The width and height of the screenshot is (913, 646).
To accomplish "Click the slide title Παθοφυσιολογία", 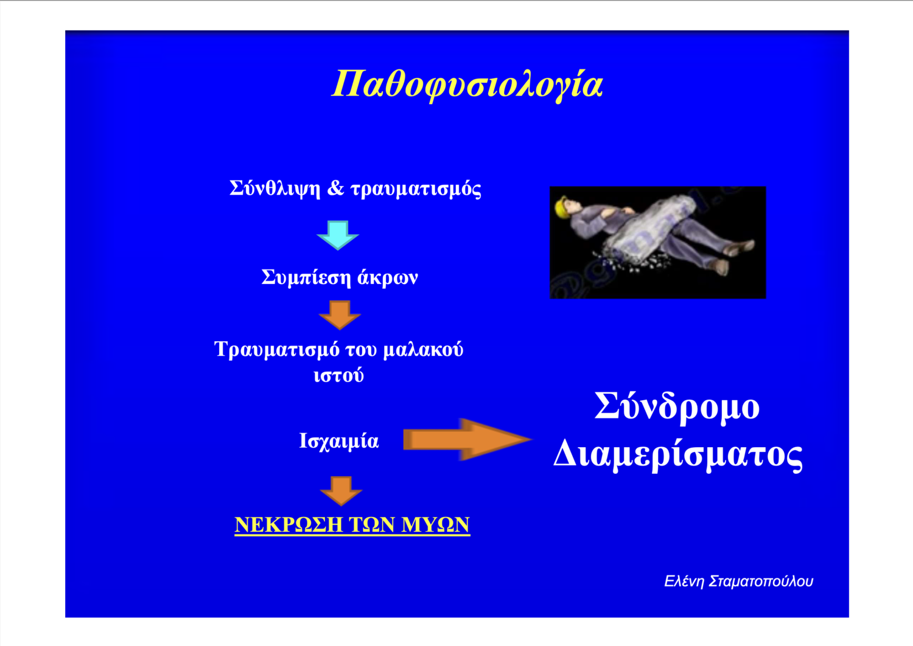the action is [x=467, y=85].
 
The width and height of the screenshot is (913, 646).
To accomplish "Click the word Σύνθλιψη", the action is [x=275, y=189].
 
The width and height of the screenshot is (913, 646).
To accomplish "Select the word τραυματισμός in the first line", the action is [x=416, y=189].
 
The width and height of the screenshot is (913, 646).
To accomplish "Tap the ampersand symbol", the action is [x=335, y=188].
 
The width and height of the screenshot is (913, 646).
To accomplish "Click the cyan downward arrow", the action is [x=337, y=235].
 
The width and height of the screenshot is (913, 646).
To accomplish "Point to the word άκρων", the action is [x=388, y=277].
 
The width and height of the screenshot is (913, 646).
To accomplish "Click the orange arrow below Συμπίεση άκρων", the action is [x=340, y=315].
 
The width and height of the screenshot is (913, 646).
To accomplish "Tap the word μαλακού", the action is [x=424, y=349].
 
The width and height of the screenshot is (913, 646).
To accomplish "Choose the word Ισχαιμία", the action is [x=339, y=441].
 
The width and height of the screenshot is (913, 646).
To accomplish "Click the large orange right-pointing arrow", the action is [x=467, y=440].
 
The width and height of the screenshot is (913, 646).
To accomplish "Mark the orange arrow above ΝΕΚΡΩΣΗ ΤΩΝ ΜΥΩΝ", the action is [x=341, y=491].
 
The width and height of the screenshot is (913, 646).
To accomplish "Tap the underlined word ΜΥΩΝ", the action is [x=436, y=524].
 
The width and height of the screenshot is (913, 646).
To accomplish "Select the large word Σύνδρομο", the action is [x=677, y=406].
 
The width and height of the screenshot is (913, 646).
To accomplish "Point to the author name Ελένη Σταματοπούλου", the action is [x=738, y=582].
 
